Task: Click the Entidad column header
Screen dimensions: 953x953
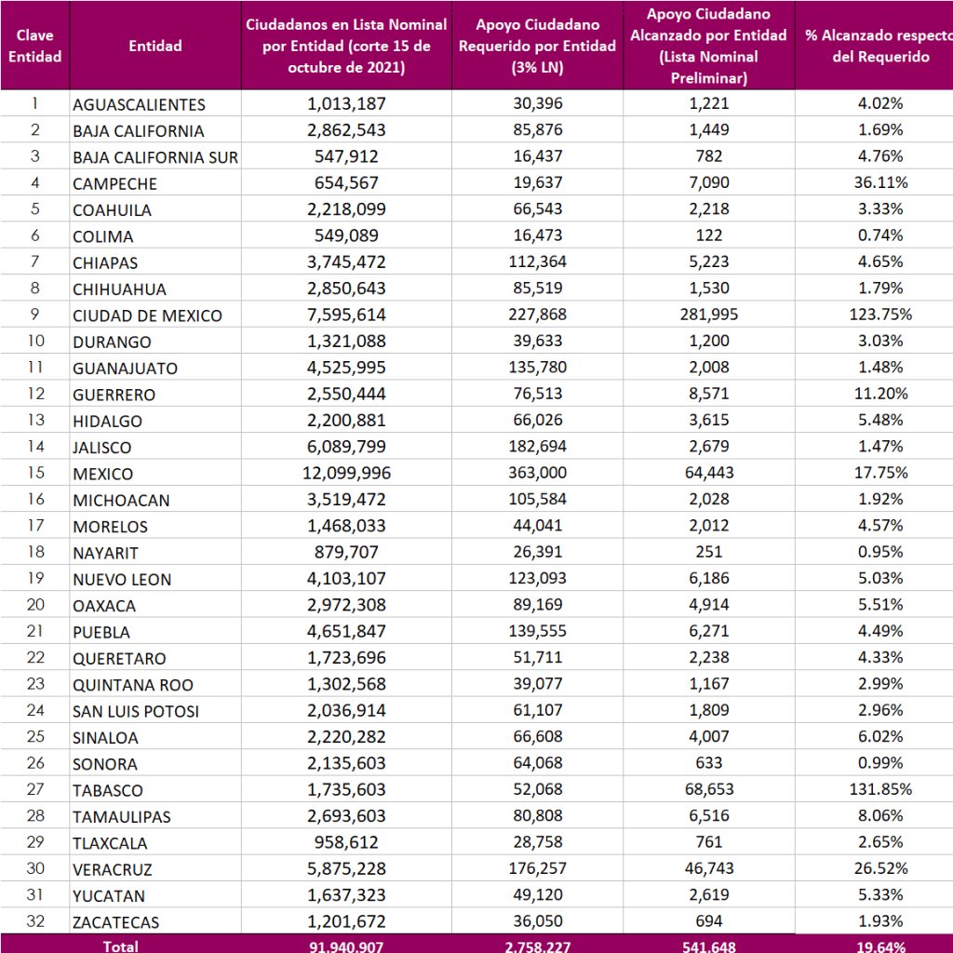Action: coord(155,46)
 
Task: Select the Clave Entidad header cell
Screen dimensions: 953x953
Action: coord(34,46)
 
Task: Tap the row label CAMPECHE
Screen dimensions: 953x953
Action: coord(114,183)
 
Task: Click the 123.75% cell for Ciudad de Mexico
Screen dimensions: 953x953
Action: coord(880,315)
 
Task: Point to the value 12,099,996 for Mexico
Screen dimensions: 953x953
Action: coord(346,473)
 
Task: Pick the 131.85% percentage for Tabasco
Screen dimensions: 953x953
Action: coord(880,789)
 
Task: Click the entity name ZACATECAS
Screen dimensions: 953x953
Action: coord(115,922)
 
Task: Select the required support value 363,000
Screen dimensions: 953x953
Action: coord(538,473)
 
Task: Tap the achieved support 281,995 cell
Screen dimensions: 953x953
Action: coord(708,315)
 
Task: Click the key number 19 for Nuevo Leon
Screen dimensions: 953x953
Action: coord(34,579)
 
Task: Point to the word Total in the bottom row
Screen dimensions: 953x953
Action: coord(121,946)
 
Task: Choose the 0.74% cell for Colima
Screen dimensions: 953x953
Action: coord(880,235)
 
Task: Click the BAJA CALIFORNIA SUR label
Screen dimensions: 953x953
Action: coord(155,156)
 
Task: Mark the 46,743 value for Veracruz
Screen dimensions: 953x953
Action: coord(708,868)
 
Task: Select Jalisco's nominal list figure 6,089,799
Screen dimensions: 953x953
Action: coord(346,447)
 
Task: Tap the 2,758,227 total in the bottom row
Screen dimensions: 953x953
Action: coord(538,946)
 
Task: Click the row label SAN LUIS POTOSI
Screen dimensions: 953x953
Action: coord(136,711)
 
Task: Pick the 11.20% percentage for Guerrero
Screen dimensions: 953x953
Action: coord(880,394)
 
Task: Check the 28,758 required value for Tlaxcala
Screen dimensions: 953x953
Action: coord(538,842)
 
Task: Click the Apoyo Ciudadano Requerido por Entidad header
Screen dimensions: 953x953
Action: coord(538,46)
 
